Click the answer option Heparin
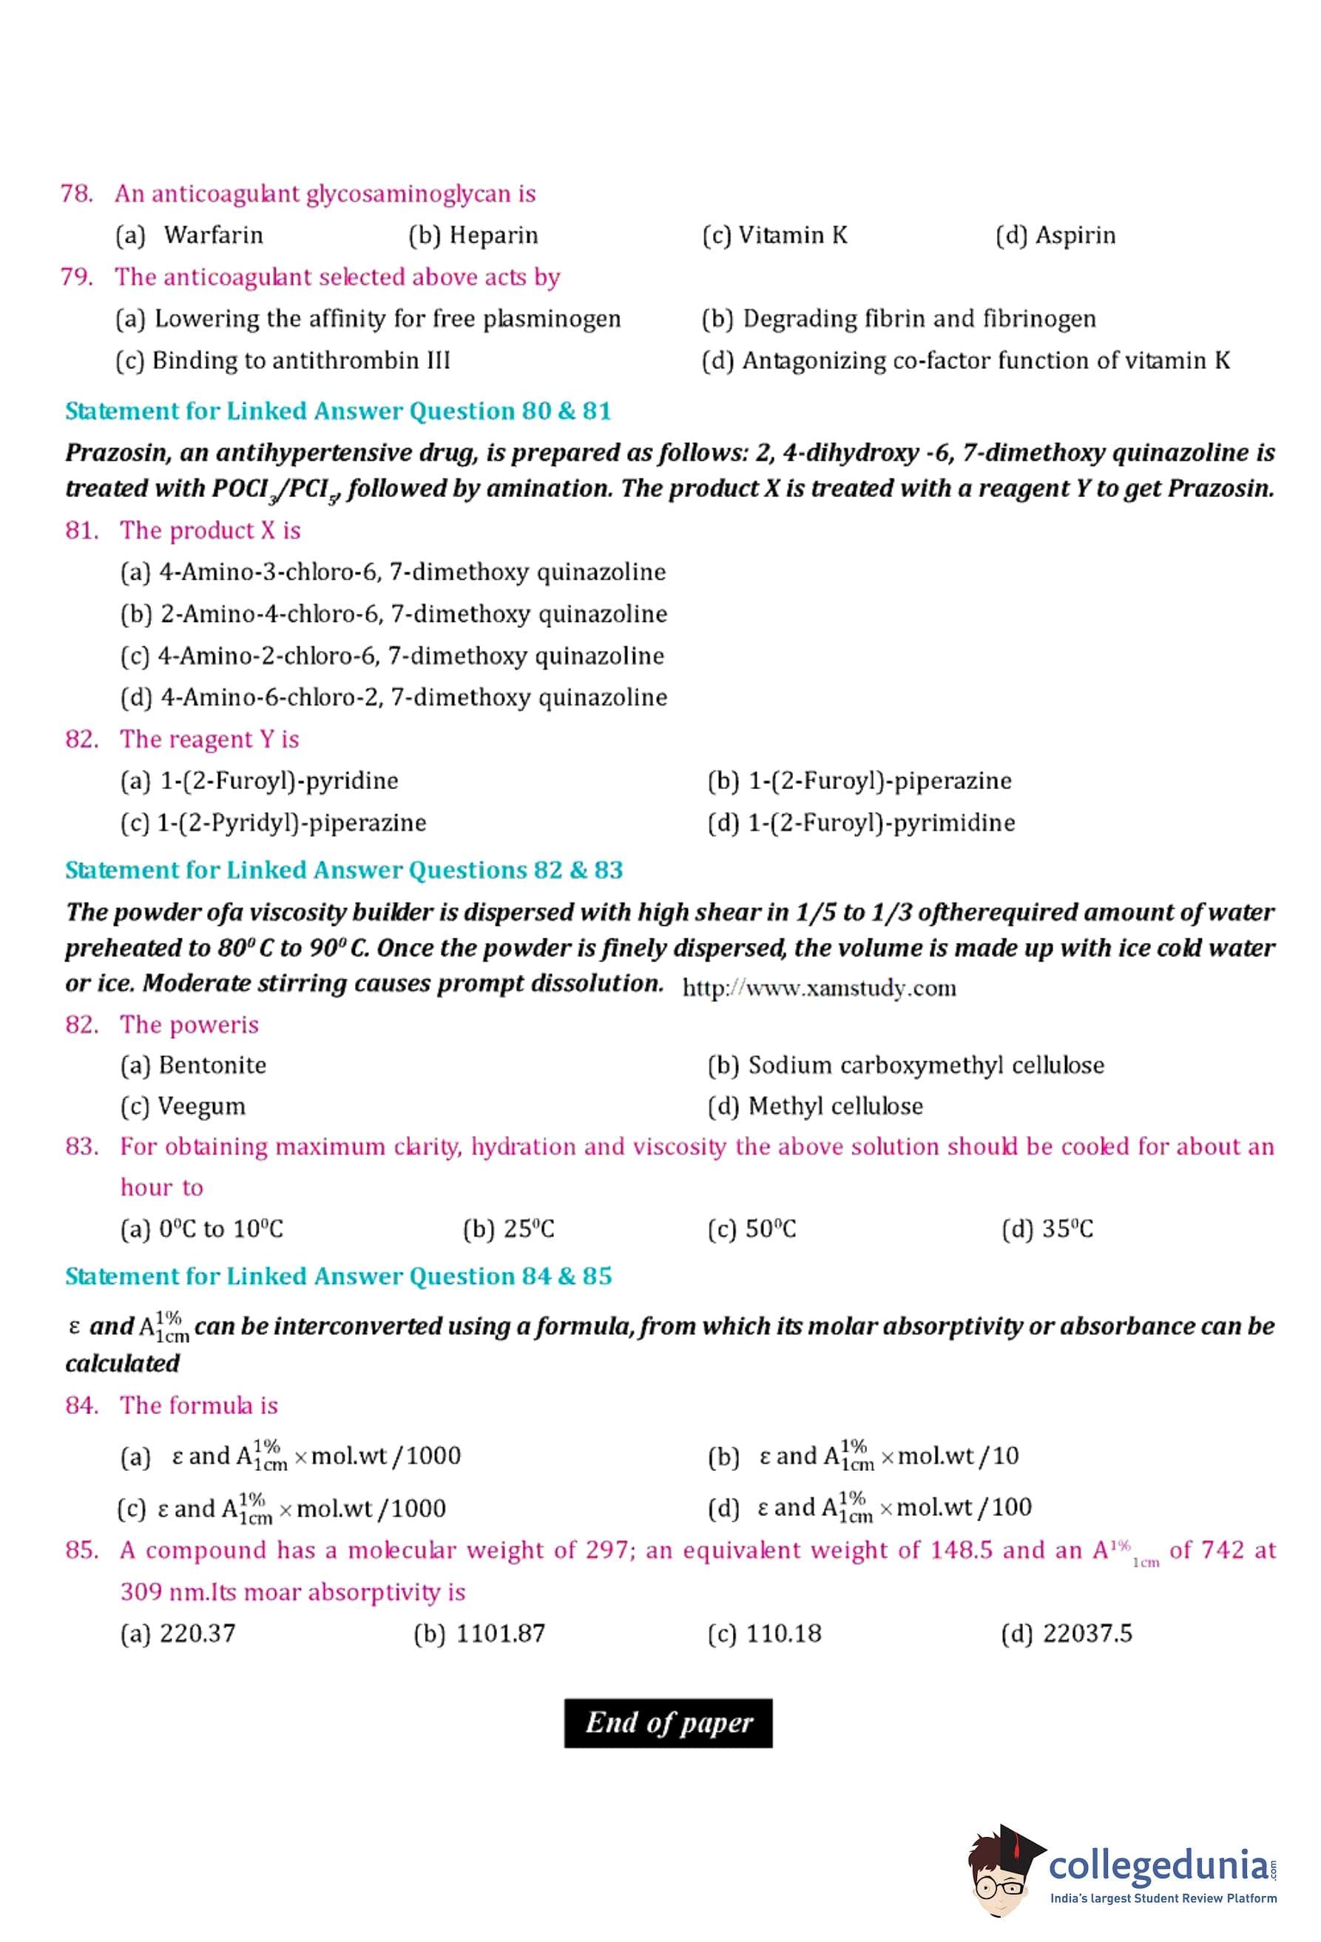pyautogui.click(x=473, y=236)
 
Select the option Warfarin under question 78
pyautogui.click(x=189, y=236)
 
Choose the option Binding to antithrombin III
pyautogui.click(x=283, y=361)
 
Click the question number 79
pyautogui.click(x=77, y=277)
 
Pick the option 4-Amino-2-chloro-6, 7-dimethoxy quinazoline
pyautogui.click(x=392, y=656)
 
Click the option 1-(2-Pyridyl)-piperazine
pyautogui.click(x=273, y=823)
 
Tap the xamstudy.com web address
pyautogui.click(x=819, y=989)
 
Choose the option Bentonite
pyautogui.click(x=193, y=1066)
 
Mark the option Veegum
pyautogui.click(x=183, y=1106)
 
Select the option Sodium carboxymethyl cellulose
pyautogui.click(x=906, y=1066)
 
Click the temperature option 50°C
pyautogui.click(x=751, y=1229)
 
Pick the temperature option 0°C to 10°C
pyautogui.click(x=201, y=1229)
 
